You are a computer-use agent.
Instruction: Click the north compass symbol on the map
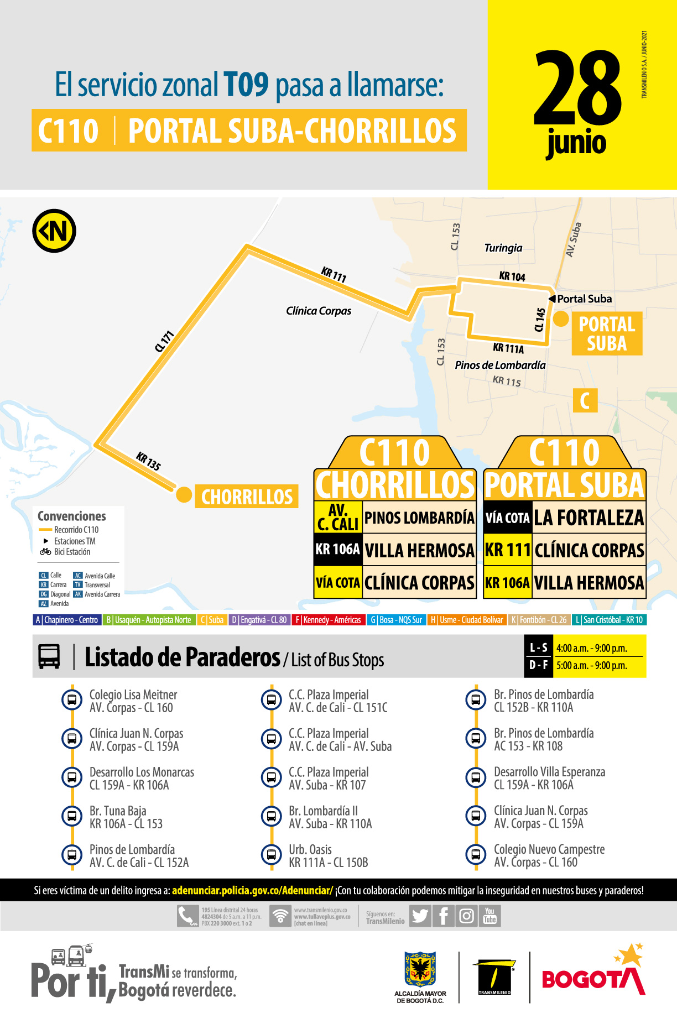click(x=54, y=231)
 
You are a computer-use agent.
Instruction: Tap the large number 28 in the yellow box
click(x=577, y=88)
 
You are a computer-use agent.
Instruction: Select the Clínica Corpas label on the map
click(x=319, y=311)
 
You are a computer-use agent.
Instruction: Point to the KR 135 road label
click(x=148, y=461)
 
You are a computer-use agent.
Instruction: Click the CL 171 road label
click(x=164, y=341)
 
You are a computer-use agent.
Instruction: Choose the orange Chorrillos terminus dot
click(x=184, y=494)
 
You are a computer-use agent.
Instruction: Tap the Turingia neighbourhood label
click(x=503, y=248)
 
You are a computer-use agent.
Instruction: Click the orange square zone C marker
click(x=585, y=400)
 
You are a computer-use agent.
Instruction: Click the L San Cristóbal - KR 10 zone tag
click(x=609, y=620)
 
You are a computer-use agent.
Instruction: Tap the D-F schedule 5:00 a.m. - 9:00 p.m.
click(x=591, y=665)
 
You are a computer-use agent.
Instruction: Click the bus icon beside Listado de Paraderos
click(x=49, y=656)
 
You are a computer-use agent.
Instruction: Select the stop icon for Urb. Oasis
click(x=271, y=855)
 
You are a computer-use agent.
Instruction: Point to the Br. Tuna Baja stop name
click(x=118, y=811)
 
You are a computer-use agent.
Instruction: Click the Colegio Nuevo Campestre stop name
click(x=549, y=849)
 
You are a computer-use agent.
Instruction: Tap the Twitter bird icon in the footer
click(x=420, y=916)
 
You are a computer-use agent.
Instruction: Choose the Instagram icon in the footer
click(x=466, y=916)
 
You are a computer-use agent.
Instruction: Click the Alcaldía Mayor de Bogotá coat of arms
click(x=420, y=969)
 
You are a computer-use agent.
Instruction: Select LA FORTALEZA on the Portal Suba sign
click(x=589, y=518)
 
